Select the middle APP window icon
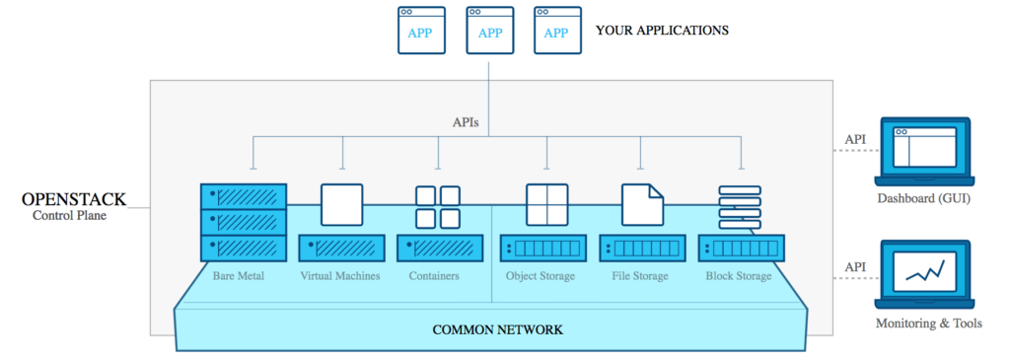[x=489, y=29]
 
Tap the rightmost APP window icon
[x=557, y=29]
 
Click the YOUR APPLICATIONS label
[x=662, y=31]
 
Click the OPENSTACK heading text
[x=74, y=199]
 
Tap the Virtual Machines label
[x=340, y=276]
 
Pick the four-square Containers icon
[x=438, y=206]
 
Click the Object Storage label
[x=540, y=276]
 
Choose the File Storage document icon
[x=641, y=204]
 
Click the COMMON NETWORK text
[x=498, y=328]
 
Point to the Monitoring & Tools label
[x=928, y=323]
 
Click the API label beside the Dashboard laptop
[x=855, y=140]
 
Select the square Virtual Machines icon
[x=342, y=205]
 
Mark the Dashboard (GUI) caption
[x=925, y=201]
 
